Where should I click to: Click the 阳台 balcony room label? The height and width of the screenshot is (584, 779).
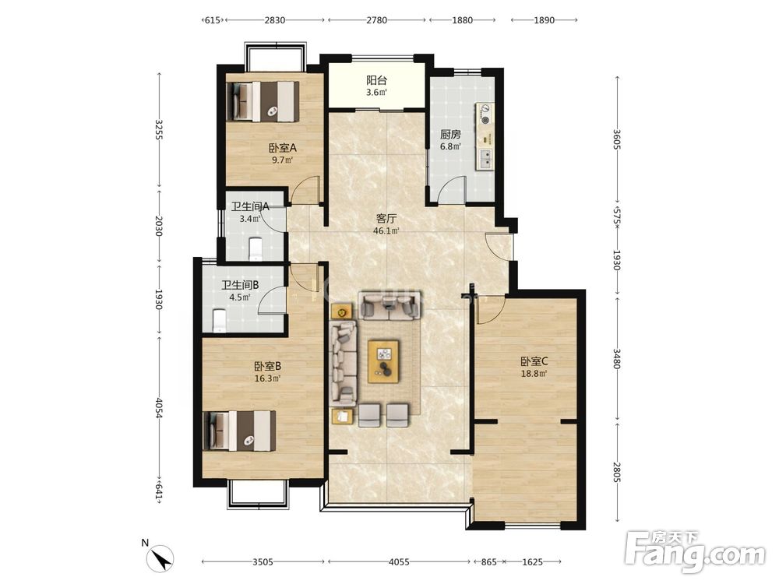tap(376, 80)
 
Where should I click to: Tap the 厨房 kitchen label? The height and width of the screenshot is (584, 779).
tap(450, 135)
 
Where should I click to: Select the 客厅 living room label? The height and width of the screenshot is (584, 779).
tap(386, 219)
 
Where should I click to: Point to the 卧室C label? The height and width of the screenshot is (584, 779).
tap(534, 361)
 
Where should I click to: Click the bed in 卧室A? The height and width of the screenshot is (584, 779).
tap(263, 101)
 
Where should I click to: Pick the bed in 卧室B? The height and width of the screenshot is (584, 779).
tap(239, 431)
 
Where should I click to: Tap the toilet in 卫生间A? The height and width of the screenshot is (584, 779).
tap(256, 249)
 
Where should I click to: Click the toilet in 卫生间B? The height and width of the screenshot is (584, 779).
tap(219, 321)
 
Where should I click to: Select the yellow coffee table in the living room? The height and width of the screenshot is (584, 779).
tap(383, 361)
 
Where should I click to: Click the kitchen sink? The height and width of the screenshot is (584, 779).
tap(486, 159)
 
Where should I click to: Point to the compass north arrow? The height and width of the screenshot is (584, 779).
tap(162, 558)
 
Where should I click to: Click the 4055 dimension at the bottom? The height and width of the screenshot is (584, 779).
tap(399, 562)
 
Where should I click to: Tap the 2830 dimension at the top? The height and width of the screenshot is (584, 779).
tap(275, 20)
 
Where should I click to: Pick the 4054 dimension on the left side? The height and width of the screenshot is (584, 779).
tap(158, 408)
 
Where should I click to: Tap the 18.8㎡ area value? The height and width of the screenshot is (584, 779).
tap(534, 374)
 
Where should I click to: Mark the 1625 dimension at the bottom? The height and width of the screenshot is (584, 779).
tap(533, 562)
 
